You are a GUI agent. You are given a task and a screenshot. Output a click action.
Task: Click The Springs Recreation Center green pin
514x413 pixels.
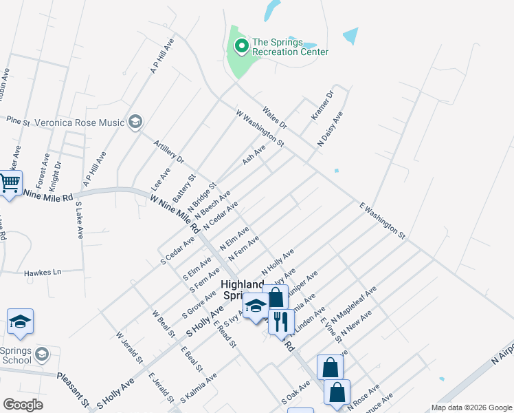point(241,47)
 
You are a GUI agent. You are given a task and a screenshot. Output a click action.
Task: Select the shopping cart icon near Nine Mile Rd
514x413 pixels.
point(10,184)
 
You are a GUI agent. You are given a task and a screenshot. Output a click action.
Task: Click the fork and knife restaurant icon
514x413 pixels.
point(280,321)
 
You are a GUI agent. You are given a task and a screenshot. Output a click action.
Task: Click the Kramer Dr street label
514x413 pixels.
point(322,105)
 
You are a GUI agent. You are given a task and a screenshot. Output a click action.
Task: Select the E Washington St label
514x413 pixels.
point(382,220)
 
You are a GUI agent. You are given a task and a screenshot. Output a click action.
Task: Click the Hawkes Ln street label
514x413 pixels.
point(43,273)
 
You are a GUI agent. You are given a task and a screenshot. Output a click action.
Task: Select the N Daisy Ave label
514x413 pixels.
point(329,129)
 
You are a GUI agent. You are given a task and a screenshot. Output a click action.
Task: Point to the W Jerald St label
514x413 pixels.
point(129,348)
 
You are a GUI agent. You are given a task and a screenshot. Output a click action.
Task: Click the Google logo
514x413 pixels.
point(23,405)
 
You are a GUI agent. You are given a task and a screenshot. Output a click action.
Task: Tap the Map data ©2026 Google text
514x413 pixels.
point(471,407)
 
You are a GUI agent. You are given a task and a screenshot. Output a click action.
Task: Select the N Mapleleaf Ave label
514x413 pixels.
point(355,306)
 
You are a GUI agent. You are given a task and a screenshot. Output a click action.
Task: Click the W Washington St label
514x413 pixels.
point(260,127)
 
